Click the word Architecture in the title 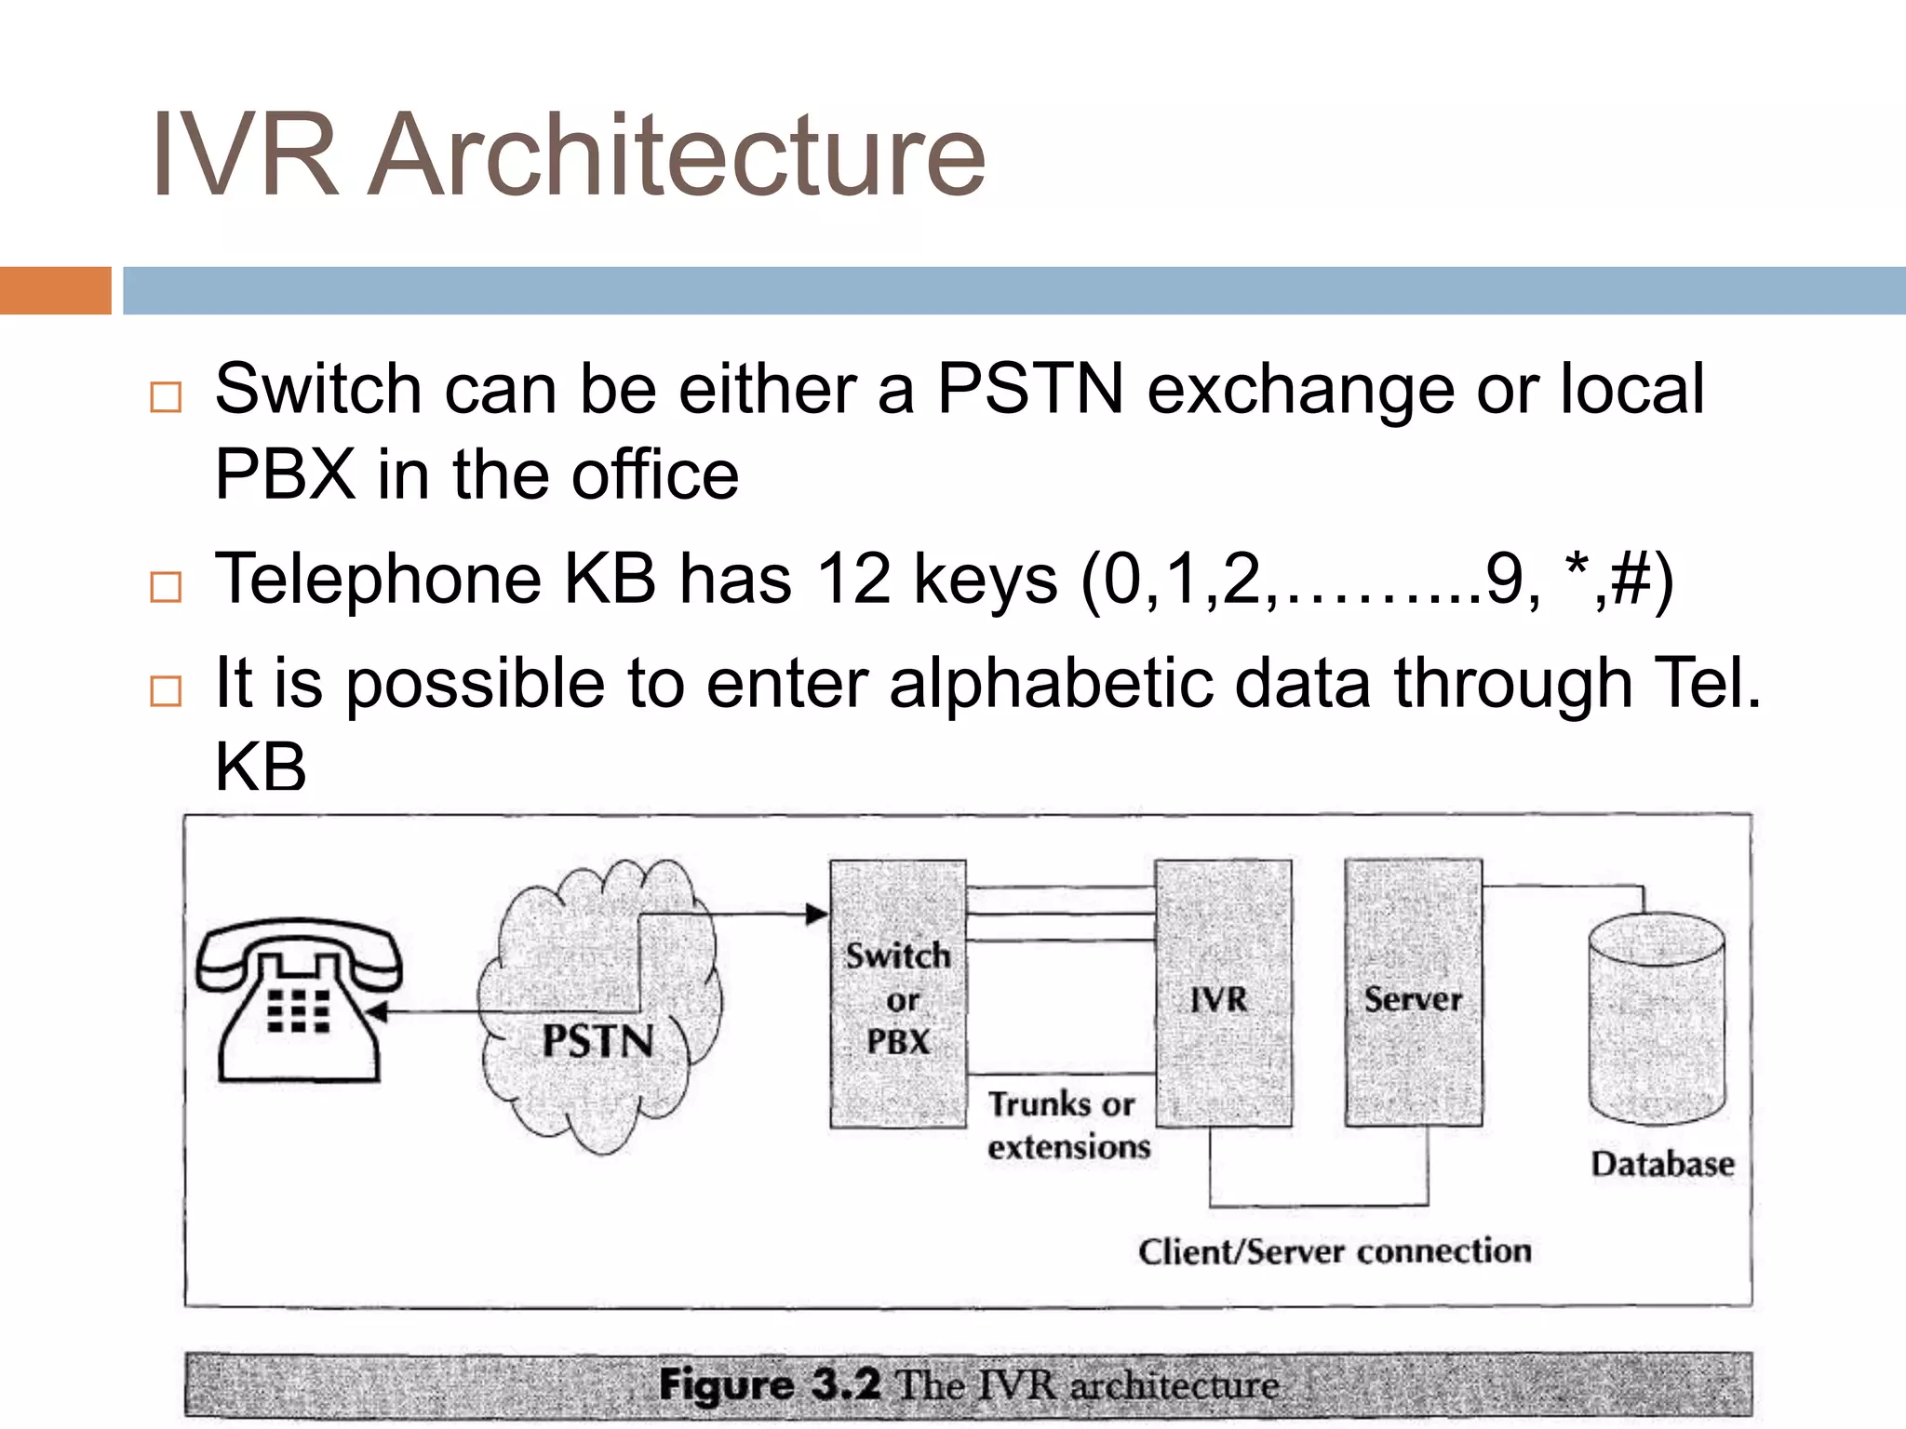[x=677, y=155]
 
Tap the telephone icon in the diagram [x=298, y=1001]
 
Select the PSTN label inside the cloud [x=597, y=1041]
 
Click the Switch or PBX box [x=897, y=995]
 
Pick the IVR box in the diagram [x=1222, y=994]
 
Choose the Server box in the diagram [x=1413, y=994]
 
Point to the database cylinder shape [x=1657, y=1020]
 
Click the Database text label [x=1662, y=1164]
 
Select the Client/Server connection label [x=1335, y=1251]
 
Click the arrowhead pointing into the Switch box [x=816, y=915]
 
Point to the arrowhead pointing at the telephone [x=377, y=1012]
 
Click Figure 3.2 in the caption [x=769, y=1384]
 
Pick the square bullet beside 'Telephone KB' [x=166, y=587]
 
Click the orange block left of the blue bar [x=55, y=290]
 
